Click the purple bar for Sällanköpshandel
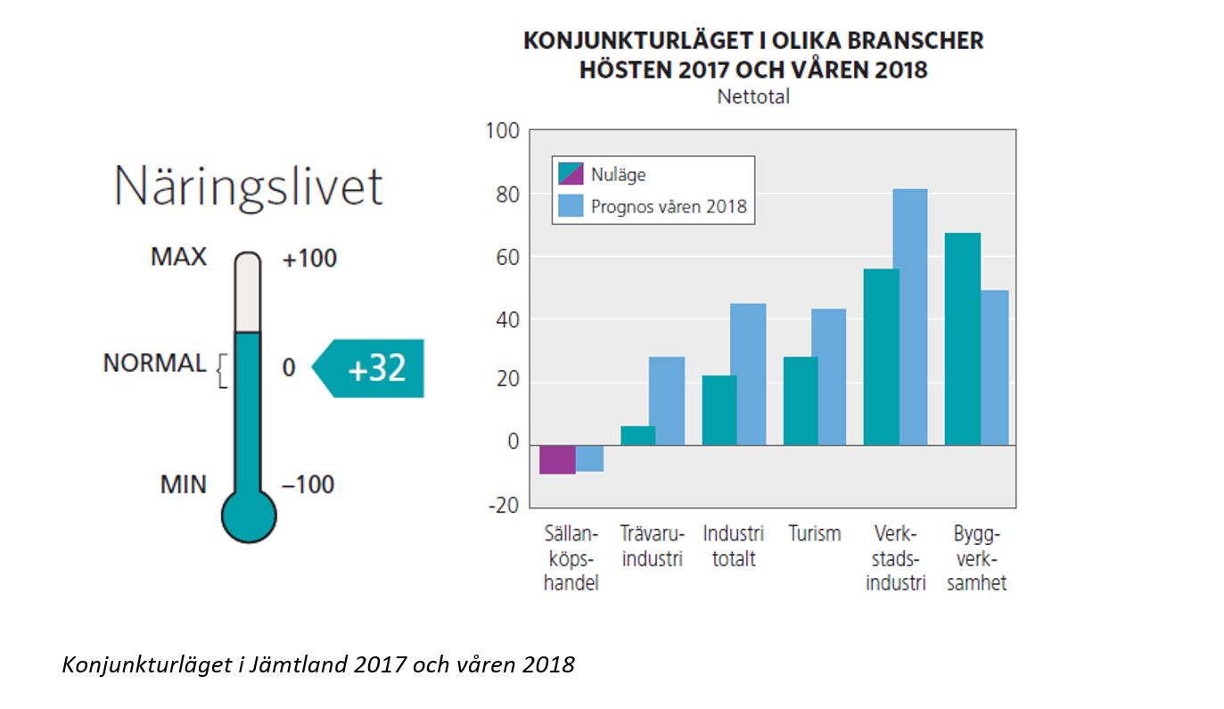click(x=557, y=459)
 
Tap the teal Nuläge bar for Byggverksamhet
click(x=962, y=339)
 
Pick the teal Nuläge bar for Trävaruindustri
click(x=637, y=436)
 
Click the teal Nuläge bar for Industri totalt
click(x=719, y=410)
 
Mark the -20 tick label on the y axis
click(x=503, y=507)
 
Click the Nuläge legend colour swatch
click(x=571, y=174)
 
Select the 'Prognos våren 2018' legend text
click(x=669, y=207)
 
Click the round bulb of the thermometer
click(x=249, y=515)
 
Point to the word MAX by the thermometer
click(x=178, y=258)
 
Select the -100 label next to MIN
click(x=308, y=485)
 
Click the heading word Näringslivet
click(x=249, y=187)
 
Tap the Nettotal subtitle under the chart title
click(x=753, y=97)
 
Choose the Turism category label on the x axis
click(x=814, y=534)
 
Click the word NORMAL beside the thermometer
click(x=154, y=364)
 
